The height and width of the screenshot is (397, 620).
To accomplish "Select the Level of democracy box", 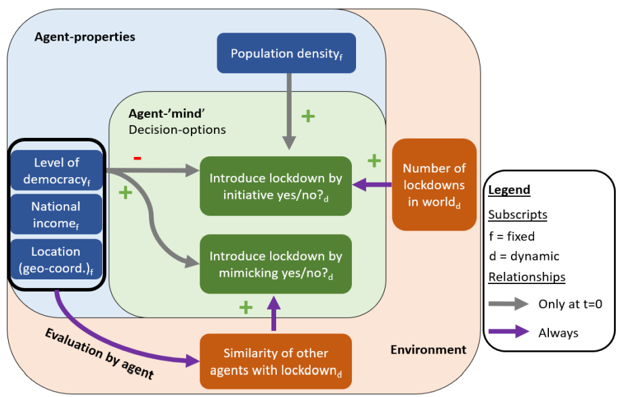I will tap(56, 170).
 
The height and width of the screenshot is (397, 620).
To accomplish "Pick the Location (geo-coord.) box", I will tap(56, 260).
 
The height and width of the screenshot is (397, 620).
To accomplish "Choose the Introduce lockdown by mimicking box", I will tap(275, 264).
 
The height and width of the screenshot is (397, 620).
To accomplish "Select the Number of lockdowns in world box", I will tap(434, 185).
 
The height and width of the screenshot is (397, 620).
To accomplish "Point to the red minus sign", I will tap(137, 158).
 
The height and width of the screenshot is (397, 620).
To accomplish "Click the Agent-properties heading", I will tap(85, 37).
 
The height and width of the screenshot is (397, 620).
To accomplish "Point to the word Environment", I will tap(428, 350).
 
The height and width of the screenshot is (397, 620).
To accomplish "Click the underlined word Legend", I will tap(509, 191).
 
